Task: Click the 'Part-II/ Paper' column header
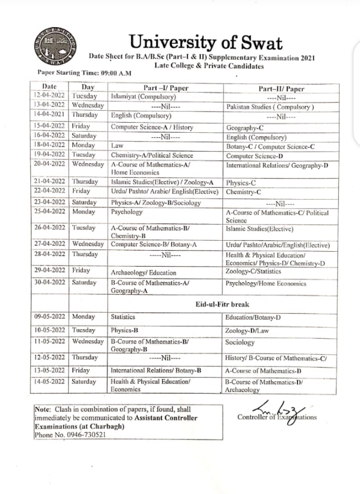[281, 89]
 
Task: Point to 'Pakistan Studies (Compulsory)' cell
[270, 106]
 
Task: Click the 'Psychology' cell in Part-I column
[127, 212]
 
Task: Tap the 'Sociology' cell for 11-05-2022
[240, 342]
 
